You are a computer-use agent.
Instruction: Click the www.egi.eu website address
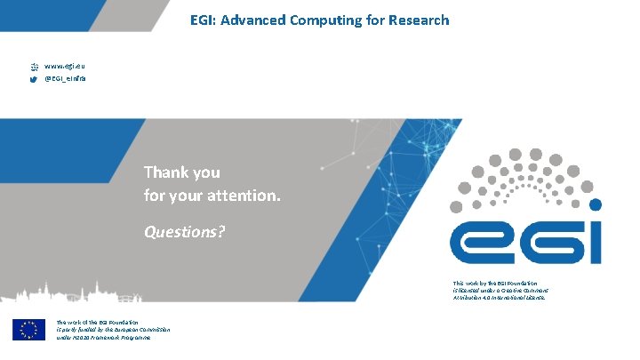(64, 66)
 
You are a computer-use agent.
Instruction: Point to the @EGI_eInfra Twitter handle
(66, 79)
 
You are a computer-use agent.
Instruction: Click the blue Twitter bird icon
(34, 79)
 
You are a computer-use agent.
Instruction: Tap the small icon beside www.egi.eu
(34, 66)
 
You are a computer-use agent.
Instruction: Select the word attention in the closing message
(244, 193)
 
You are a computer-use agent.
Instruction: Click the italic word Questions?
(184, 232)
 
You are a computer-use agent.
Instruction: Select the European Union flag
(28, 329)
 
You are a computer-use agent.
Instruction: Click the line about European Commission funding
(113, 330)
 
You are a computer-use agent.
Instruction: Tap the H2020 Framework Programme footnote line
(103, 338)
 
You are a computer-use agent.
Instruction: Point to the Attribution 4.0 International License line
(499, 298)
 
